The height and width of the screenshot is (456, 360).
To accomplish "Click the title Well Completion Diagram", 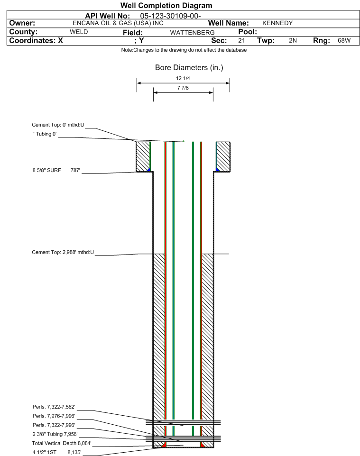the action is [x=166, y=6].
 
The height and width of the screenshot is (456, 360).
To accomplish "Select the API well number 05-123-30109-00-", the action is [x=170, y=16].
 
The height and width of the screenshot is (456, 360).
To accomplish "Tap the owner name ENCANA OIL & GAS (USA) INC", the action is [x=118, y=23].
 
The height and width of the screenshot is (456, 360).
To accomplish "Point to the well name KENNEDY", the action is [x=277, y=23].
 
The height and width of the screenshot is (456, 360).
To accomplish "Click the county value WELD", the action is [x=79, y=32].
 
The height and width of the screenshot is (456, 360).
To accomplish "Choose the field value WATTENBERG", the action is [x=193, y=32].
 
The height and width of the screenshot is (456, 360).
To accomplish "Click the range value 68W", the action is [x=344, y=40].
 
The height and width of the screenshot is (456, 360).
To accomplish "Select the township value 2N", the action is [x=293, y=40].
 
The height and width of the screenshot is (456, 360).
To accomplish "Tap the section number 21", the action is [x=241, y=40].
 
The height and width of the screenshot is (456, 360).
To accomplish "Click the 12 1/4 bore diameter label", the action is [x=183, y=78].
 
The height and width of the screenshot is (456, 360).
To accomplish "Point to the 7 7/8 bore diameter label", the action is [x=183, y=88].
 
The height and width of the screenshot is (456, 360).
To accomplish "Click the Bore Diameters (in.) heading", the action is [x=189, y=67].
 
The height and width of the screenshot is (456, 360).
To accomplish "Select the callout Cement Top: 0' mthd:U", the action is [x=58, y=125].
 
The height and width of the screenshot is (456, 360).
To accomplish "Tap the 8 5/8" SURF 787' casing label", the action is [x=56, y=170].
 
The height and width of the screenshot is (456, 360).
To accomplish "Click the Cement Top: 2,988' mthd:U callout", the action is [x=63, y=252].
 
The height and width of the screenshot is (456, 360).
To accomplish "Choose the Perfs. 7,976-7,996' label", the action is [x=54, y=416].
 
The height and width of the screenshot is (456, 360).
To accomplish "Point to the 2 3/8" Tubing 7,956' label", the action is [x=55, y=434].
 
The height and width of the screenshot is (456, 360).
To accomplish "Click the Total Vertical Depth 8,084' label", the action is [x=62, y=443].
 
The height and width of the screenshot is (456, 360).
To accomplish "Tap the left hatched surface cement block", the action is [x=143, y=156].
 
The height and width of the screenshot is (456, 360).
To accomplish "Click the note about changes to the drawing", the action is [x=184, y=50].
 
